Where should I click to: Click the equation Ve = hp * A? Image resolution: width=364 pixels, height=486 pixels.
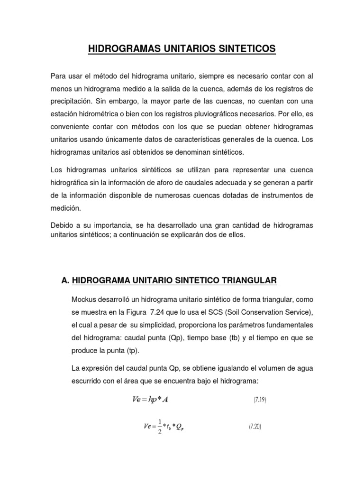150,400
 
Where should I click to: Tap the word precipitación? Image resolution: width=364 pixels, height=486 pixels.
70,102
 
